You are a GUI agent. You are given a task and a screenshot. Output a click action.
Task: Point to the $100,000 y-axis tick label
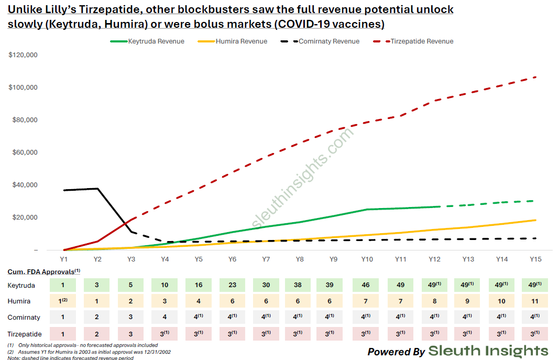click(23, 88)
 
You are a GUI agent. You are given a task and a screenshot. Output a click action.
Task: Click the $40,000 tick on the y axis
click(23, 185)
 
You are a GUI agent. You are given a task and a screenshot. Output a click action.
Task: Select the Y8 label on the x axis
click(300, 259)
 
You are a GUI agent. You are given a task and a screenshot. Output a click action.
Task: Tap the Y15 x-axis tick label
click(535, 259)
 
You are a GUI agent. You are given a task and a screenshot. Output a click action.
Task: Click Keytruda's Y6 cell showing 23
click(232, 285)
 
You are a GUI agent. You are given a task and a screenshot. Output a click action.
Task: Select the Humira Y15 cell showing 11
click(535, 301)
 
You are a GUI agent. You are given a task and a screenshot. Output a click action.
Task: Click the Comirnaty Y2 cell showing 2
click(97, 318)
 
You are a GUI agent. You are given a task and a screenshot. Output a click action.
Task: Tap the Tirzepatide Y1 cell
click(63, 334)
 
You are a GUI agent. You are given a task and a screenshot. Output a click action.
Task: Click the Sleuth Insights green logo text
click(488, 351)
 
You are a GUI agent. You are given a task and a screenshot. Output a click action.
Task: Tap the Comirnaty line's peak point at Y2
click(97, 189)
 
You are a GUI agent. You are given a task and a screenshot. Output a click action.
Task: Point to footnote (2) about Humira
click(89, 352)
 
